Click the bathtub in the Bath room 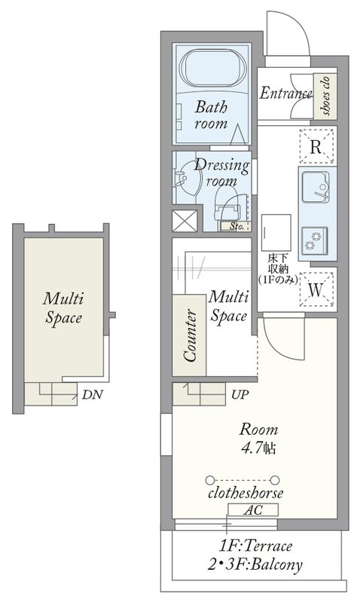(213, 69)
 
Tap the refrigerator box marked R (316, 146)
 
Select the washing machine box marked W (316, 289)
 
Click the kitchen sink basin (315, 187)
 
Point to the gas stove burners (314, 240)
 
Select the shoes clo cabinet (325, 96)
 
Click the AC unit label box (253, 510)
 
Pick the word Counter (190, 335)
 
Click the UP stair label (240, 394)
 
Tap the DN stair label (92, 394)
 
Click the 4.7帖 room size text (258, 448)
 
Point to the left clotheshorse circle (209, 480)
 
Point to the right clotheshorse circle (274, 480)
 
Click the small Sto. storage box (236, 226)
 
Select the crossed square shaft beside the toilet (185, 221)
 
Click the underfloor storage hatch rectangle (276, 233)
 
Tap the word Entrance (285, 93)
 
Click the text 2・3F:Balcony (255, 564)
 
